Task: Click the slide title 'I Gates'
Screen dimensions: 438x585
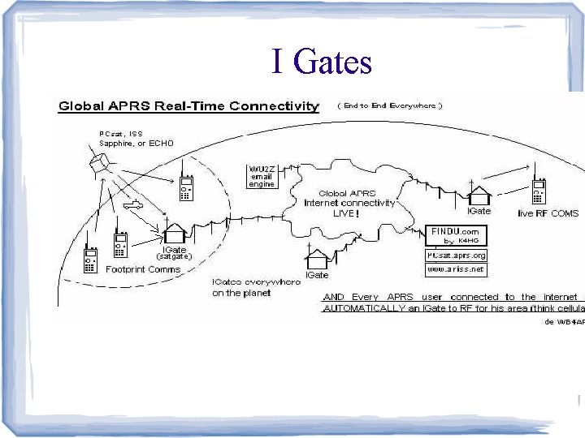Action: click(x=322, y=62)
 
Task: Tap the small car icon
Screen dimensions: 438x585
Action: click(x=132, y=206)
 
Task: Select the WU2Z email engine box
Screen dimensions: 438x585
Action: click(x=262, y=176)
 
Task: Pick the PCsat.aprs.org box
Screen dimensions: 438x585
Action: click(x=456, y=255)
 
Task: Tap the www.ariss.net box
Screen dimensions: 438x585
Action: click(x=455, y=268)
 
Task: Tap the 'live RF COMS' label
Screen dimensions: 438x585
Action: click(x=549, y=213)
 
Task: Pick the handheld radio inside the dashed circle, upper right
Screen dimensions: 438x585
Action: click(x=186, y=188)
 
